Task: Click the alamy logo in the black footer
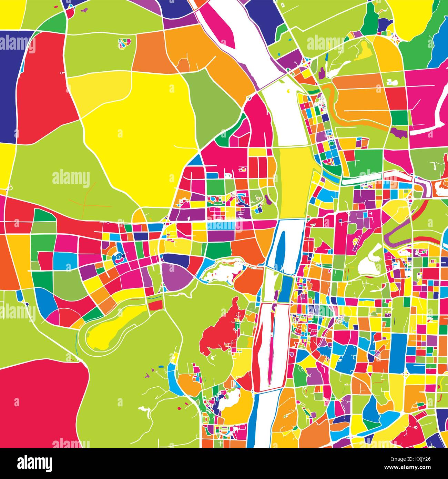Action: pyautogui.click(x=34, y=462)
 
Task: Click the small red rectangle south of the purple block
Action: pyautogui.click(x=156, y=305)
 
